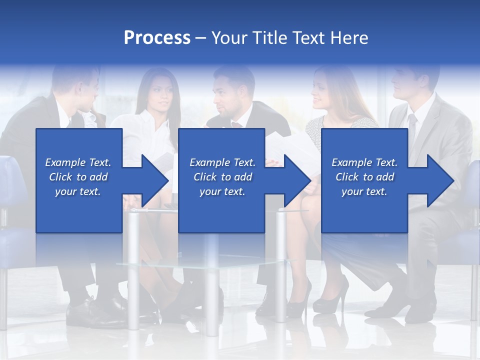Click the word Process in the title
[157, 38]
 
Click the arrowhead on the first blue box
[152, 181]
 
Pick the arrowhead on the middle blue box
[295, 181]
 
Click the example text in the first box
[78, 177]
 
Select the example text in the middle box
[222, 177]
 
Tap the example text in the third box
[364, 177]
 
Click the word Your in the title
[228, 38]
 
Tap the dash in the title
[201, 38]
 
